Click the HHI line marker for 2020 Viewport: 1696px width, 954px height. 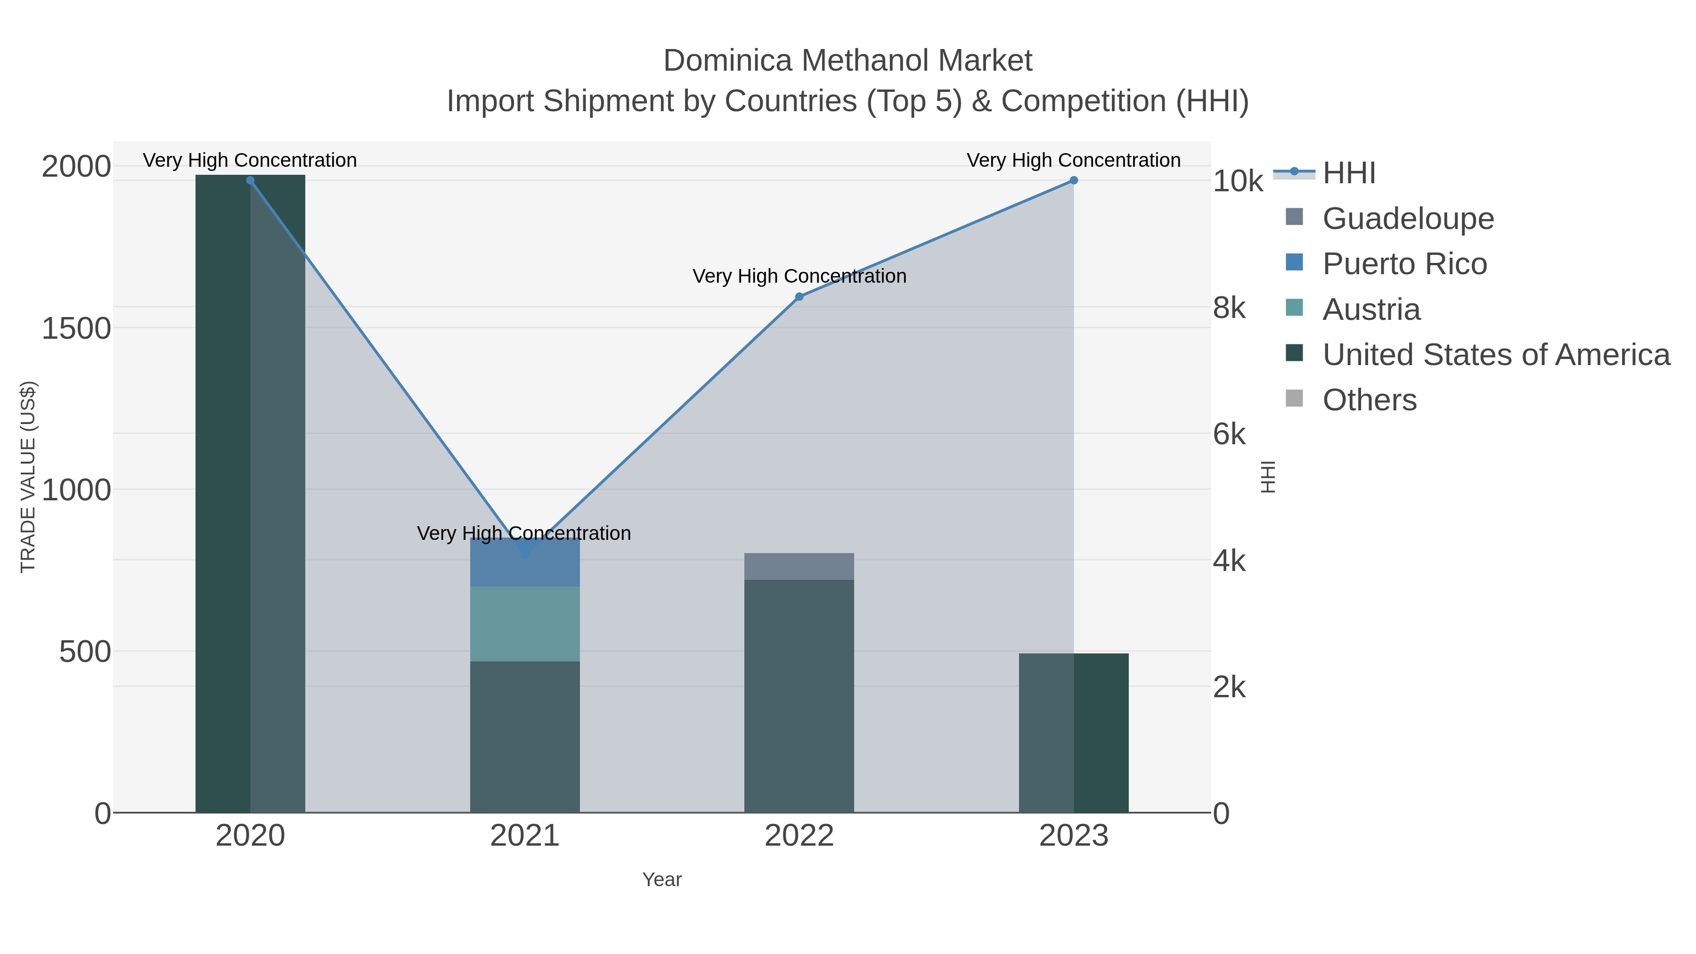tap(250, 180)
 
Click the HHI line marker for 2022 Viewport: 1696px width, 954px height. tap(799, 297)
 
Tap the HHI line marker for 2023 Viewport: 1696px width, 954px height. tap(1074, 180)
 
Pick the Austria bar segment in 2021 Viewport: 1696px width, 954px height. tap(525, 623)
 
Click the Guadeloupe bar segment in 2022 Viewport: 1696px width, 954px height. tap(799, 566)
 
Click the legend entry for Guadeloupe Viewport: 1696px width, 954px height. tap(1408, 219)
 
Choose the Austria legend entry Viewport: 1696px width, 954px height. tap(1371, 310)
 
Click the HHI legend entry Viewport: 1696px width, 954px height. tap(1348, 173)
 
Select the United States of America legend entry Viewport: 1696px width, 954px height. tap(1495, 355)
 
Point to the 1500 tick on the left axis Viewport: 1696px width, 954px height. tap(76, 328)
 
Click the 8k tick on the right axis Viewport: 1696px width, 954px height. tap(1229, 308)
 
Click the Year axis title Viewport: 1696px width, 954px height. tap(662, 880)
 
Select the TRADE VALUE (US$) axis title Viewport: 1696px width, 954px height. tap(28, 477)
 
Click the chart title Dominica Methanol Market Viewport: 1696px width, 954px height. tap(848, 61)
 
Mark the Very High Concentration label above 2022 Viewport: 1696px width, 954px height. tap(799, 276)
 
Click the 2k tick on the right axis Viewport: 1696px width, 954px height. tap(1229, 687)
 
